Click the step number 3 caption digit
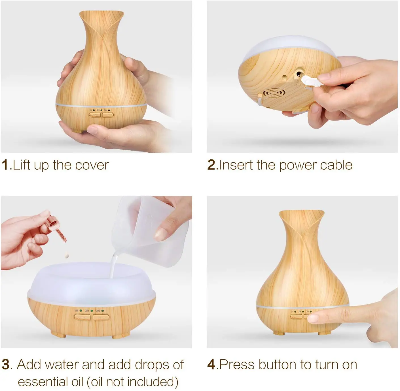[x=6, y=364]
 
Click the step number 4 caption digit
[x=211, y=364]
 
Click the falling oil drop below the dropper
[x=67, y=255]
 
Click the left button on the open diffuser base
[x=82, y=317]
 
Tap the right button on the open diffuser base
[x=101, y=317]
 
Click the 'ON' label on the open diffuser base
[x=98, y=311]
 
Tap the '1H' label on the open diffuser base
[x=76, y=311]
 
